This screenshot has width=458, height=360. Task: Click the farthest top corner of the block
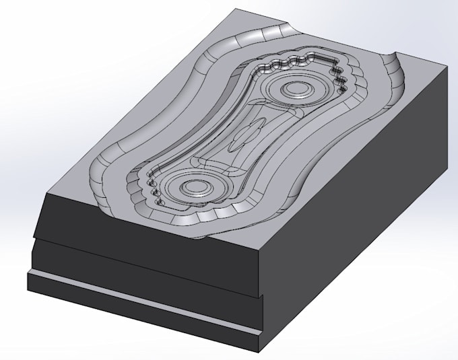pos(238,9)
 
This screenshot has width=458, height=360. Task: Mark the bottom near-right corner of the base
pos(259,351)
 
